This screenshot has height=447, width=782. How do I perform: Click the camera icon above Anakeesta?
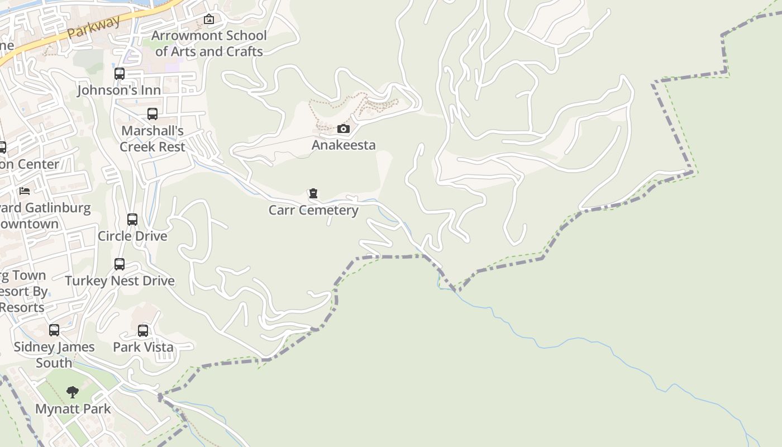point(344,129)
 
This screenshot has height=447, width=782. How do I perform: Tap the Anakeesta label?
point(344,145)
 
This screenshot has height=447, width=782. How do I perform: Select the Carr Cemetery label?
point(313,210)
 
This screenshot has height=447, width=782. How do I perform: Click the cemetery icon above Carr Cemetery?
point(313,194)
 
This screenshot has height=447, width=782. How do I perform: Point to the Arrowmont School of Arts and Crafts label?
point(209,44)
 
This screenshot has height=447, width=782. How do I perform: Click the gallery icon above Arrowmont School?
point(209,20)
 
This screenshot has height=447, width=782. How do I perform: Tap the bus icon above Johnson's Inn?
point(119,74)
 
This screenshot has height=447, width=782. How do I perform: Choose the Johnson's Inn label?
point(119,90)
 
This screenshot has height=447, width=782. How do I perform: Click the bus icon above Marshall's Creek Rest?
point(152,114)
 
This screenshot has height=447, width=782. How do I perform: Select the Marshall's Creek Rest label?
point(152,139)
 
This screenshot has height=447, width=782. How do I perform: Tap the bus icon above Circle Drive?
point(132,220)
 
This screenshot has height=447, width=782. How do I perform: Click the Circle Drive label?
point(132,236)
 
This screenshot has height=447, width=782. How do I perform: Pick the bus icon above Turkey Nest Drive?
point(120,264)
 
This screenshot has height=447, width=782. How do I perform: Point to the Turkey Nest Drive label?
point(120,280)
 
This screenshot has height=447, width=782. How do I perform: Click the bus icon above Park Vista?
point(143,331)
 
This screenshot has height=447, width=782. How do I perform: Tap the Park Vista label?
point(143,347)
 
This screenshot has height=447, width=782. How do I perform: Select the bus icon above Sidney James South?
point(54,330)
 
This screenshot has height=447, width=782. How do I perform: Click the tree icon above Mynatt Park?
point(73,392)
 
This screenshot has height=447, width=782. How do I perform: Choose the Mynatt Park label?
point(73,408)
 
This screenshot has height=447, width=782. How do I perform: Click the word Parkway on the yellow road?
point(94,28)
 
